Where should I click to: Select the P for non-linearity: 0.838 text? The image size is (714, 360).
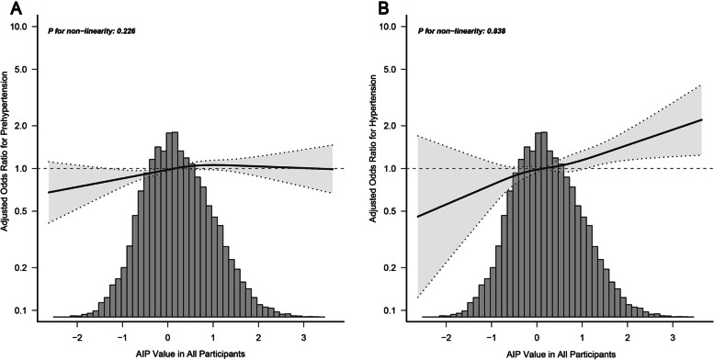(x=461, y=29)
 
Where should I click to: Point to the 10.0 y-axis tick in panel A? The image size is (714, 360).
(x=25, y=27)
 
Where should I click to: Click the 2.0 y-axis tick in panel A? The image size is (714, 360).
(x=27, y=126)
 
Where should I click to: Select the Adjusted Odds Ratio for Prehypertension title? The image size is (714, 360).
(x=8, y=170)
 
